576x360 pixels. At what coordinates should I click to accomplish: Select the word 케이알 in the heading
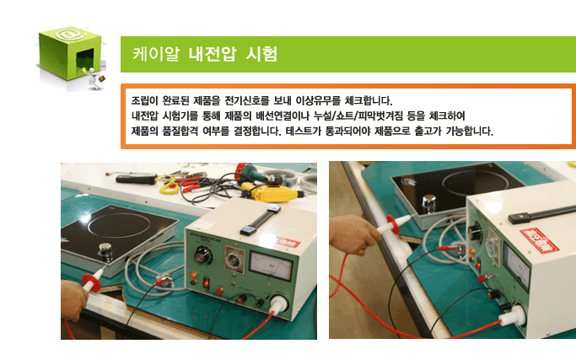tap(156, 54)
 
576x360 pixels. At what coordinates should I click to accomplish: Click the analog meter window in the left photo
tap(271, 266)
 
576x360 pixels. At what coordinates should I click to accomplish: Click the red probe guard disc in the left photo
tap(92, 282)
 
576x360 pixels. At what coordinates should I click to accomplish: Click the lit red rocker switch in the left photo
tap(207, 282)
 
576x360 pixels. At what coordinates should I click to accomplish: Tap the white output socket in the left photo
tap(279, 304)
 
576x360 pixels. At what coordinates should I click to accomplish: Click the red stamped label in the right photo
tap(540, 240)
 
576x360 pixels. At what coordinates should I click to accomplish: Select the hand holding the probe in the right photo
tap(353, 234)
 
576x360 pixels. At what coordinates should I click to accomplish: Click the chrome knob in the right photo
tap(428, 203)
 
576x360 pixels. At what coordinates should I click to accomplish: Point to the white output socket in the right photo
tap(514, 316)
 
